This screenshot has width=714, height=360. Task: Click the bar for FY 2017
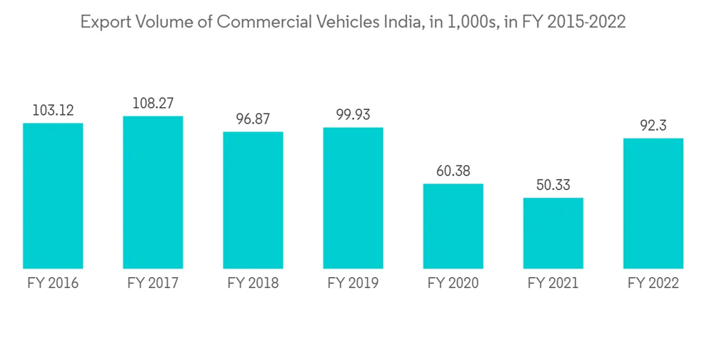click(x=153, y=192)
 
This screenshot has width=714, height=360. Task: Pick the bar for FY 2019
click(x=353, y=198)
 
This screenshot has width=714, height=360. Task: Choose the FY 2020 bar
click(x=453, y=226)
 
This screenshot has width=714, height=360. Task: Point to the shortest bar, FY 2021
click(x=553, y=233)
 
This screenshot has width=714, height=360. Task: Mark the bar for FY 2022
click(x=653, y=203)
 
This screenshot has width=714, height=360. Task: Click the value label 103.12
click(x=53, y=111)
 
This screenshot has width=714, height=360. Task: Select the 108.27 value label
click(x=153, y=104)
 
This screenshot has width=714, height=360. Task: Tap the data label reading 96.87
click(x=253, y=119)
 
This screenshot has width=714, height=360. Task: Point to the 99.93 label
click(x=353, y=115)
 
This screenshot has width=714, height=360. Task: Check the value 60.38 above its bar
click(x=453, y=171)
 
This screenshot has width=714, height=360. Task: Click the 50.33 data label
click(x=553, y=186)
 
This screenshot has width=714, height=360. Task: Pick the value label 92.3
click(x=653, y=126)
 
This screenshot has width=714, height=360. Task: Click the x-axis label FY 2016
click(x=53, y=284)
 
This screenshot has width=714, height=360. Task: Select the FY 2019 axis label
click(x=353, y=284)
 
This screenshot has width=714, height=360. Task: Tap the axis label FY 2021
click(x=553, y=284)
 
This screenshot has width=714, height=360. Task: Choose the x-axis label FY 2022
click(x=653, y=284)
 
